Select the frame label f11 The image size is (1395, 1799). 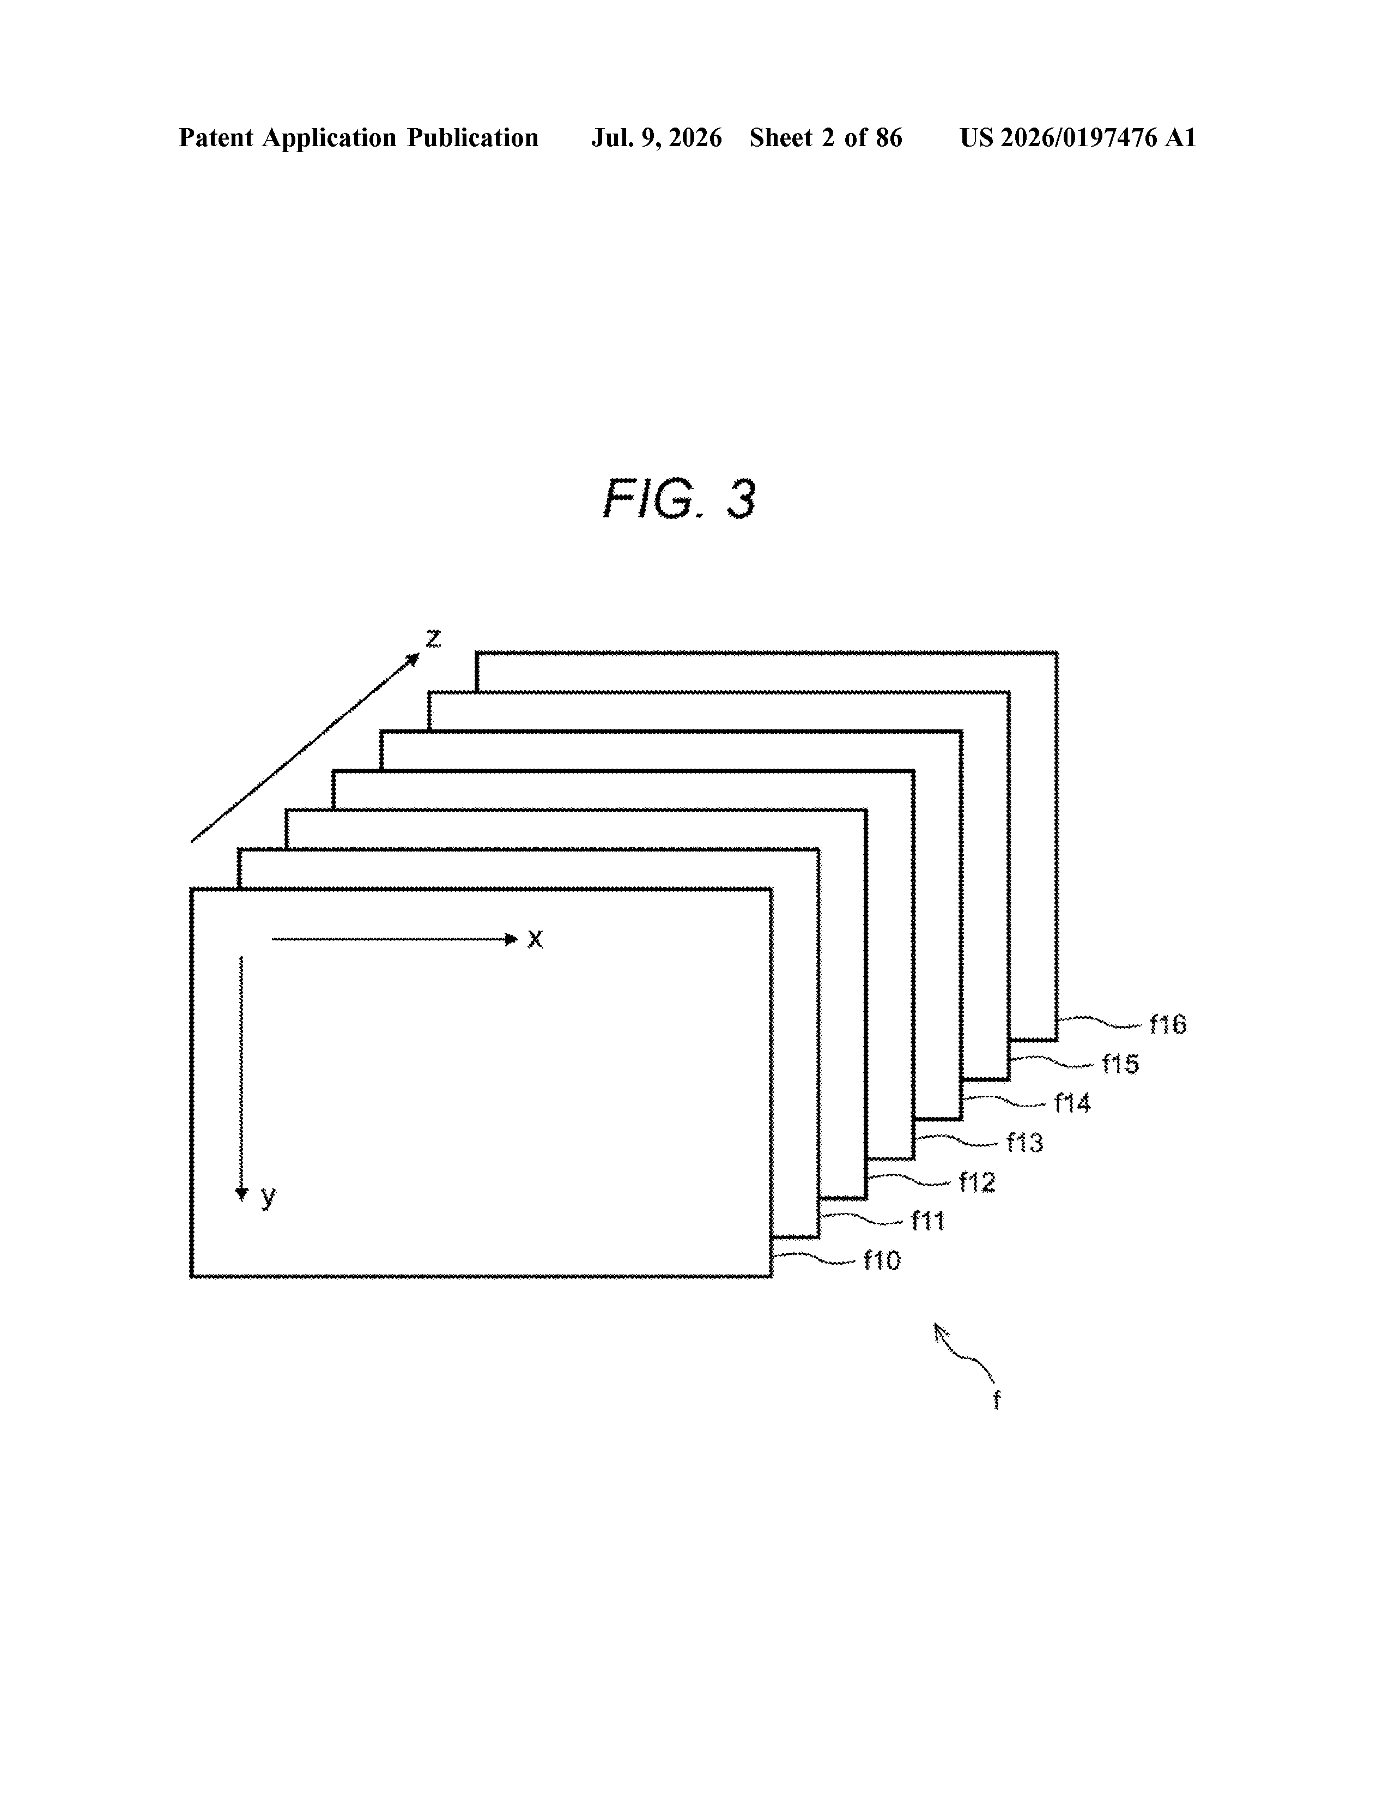(x=927, y=1221)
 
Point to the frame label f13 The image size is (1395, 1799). (x=1024, y=1143)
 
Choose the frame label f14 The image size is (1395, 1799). (x=1072, y=1103)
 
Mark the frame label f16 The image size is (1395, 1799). (x=1168, y=1025)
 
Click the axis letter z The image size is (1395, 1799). (x=433, y=638)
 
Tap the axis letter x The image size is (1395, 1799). (x=535, y=939)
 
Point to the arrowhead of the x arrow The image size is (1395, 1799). (x=511, y=939)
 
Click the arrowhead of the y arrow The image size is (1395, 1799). (x=241, y=1194)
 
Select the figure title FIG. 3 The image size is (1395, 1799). (x=680, y=499)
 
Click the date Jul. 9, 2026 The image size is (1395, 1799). (x=656, y=137)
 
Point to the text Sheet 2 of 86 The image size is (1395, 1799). (x=826, y=137)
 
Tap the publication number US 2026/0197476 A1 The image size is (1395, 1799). (x=1078, y=137)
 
